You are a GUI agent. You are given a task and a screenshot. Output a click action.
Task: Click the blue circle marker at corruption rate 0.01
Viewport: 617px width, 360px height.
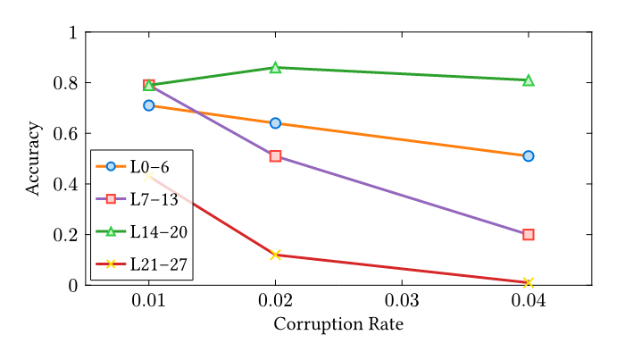[149, 105]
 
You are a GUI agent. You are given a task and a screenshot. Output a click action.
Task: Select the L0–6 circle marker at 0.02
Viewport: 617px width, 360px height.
[275, 123]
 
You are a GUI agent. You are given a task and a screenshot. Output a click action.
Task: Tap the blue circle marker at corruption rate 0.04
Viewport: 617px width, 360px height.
[529, 156]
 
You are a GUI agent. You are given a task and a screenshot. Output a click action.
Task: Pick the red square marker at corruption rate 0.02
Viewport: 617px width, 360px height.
[275, 156]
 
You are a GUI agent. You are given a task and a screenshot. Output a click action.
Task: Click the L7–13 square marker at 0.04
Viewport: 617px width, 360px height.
[529, 235]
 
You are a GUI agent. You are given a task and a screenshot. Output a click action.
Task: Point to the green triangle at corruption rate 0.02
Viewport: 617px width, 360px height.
[275, 68]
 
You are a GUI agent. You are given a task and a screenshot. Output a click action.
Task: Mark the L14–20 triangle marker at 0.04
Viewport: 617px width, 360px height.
[529, 80]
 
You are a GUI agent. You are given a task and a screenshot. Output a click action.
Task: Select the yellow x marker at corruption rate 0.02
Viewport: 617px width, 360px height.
[275, 255]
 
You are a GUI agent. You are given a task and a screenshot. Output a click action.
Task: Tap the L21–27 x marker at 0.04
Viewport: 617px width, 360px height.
[529, 282]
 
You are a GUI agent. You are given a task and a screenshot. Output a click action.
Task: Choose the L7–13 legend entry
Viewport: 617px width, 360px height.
[141, 198]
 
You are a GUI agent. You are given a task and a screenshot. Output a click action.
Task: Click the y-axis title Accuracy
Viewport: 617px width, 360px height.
[33, 159]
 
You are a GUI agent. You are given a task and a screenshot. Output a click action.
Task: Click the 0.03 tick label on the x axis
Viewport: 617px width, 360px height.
[402, 300]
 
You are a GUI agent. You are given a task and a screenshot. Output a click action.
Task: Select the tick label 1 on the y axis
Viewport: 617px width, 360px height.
[72, 33]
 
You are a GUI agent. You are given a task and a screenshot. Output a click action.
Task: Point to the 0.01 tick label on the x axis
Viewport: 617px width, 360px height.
[149, 300]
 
